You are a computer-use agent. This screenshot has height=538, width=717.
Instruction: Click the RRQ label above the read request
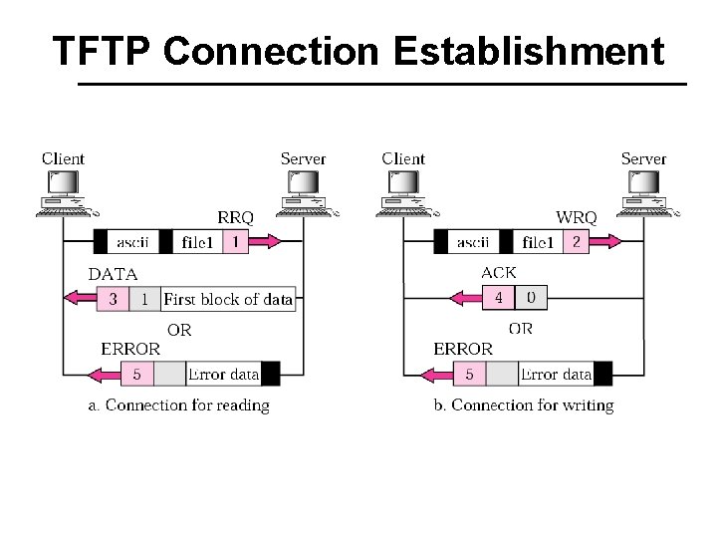(235, 217)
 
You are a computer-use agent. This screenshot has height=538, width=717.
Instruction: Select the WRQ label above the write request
(577, 217)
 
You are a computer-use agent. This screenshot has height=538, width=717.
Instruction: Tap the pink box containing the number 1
(235, 242)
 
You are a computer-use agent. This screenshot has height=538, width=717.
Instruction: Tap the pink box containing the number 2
(576, 242)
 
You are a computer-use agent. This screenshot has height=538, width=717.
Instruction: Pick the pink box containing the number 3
(114, 299)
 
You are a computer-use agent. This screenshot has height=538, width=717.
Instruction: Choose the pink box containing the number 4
(498, 298)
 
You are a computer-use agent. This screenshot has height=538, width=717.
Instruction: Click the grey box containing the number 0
(531, 298)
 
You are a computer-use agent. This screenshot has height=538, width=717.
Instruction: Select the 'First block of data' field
(228, 299)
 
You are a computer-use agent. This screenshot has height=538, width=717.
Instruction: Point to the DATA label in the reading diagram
(114, 274)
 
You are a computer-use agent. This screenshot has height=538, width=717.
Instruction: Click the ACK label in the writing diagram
(498, 273)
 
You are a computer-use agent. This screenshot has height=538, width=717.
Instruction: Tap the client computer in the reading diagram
(64, 192)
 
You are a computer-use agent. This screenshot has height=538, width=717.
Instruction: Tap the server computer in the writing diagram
(644, 192)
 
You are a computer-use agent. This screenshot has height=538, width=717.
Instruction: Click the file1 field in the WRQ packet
(538, 242)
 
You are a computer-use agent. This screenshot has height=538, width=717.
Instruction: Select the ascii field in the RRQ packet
(132, 242)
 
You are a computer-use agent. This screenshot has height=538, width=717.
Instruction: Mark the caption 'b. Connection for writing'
(524, 404)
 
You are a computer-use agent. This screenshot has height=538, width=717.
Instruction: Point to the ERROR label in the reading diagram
(129, 349)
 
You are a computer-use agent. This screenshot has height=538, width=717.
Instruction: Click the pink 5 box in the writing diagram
(469, 375)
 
